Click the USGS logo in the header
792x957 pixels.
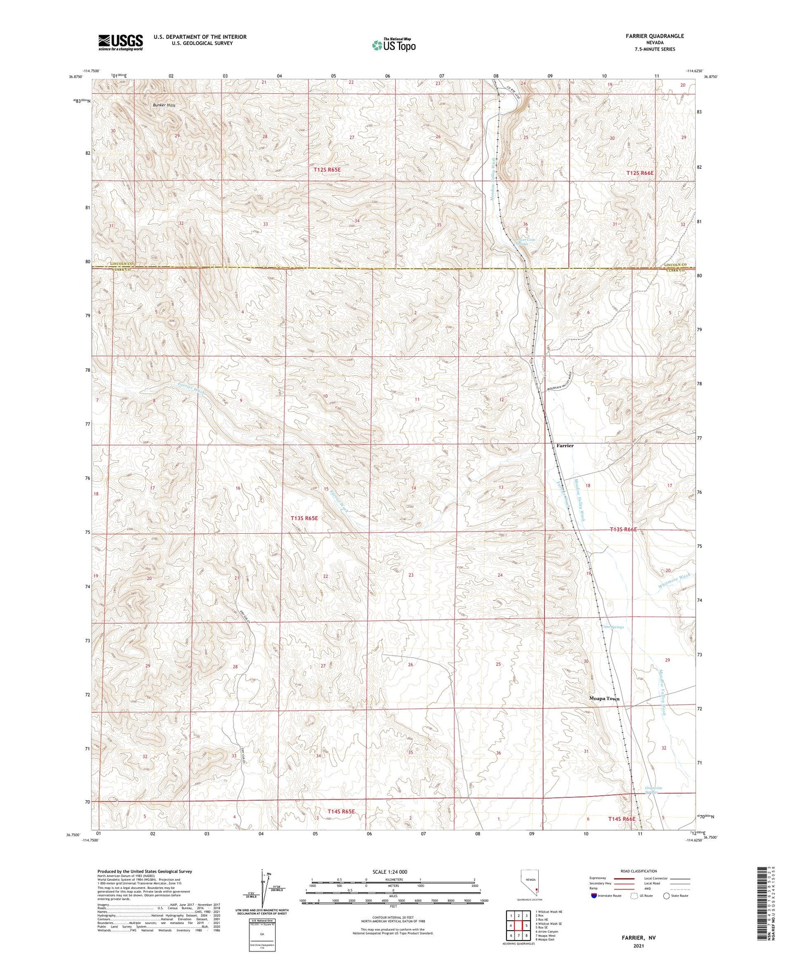[x=121, y=42]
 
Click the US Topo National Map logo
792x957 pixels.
[x=393, y=45]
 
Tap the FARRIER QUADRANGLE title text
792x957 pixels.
[x=652, y=36]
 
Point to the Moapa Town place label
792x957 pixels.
[x=604, y=699]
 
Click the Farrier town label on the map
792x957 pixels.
[x=565, y=446]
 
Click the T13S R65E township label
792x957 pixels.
[x=304, y=517]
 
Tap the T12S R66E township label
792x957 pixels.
[x=640, y=173]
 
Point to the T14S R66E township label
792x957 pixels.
[x=622, y=818]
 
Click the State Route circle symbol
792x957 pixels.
[x=666, y=896]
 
